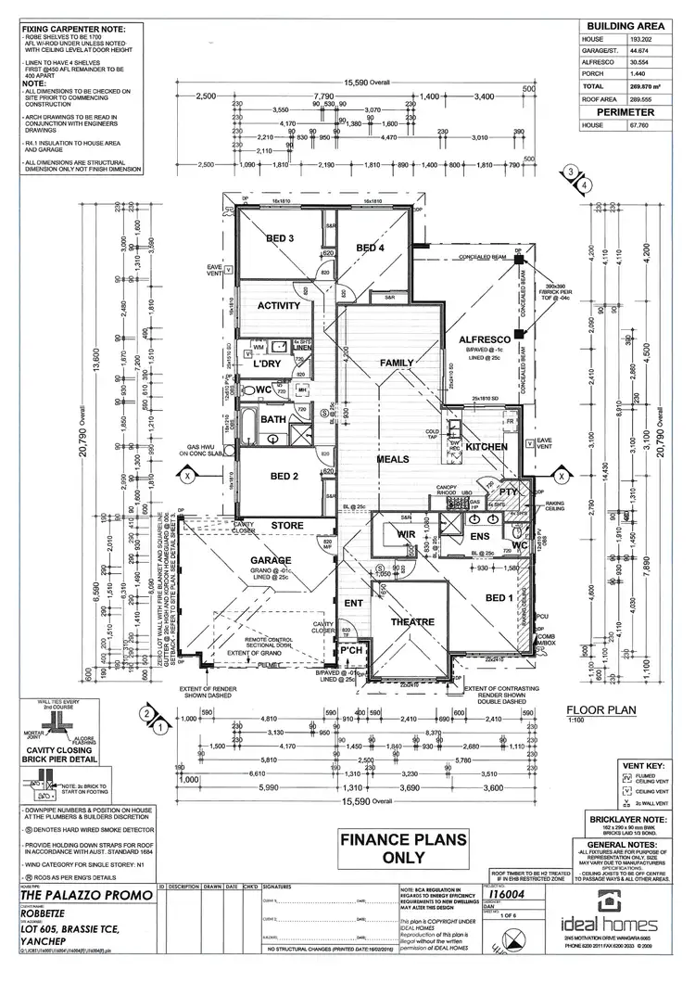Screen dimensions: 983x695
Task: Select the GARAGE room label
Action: click(270, 560)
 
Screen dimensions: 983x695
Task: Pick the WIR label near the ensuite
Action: click(404, 535)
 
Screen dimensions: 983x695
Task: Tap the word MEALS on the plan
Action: click(392, 458)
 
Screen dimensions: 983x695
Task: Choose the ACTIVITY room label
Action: click(278, 306)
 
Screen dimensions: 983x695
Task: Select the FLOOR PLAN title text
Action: click(600, 712)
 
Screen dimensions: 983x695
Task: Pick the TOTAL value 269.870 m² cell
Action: click(642, 85)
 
